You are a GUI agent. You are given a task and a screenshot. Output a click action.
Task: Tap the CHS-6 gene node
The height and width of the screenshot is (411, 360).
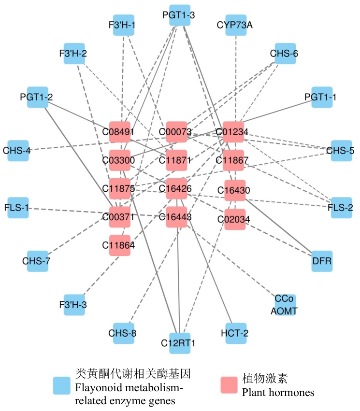click(284, 53)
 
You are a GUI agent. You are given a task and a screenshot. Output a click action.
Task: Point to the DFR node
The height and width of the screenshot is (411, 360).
click(322, 261)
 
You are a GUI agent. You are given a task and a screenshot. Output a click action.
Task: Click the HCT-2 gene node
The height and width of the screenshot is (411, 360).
click(236, 333)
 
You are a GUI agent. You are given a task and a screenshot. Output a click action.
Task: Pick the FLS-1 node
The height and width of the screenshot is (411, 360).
click(19, 208)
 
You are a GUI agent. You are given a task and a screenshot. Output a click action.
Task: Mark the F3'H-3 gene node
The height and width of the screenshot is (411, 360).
click(75, 305)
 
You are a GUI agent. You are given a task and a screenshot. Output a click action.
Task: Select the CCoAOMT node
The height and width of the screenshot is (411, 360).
click(284, 304)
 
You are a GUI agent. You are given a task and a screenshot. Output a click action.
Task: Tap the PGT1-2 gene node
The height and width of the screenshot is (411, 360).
click(37, 97)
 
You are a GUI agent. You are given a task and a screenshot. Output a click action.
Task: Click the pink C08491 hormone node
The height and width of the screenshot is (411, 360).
click(120, 131)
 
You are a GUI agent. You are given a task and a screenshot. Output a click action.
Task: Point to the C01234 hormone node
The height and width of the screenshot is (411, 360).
click(233, 131)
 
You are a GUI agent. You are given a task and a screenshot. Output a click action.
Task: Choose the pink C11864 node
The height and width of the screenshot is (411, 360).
click(119, 245)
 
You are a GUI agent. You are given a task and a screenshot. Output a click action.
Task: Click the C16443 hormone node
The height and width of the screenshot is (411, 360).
click(176, 217)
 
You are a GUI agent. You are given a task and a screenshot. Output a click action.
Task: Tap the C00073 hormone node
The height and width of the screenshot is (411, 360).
click(176, 131)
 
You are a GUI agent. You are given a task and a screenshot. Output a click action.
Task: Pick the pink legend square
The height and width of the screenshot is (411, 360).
click(230, 385)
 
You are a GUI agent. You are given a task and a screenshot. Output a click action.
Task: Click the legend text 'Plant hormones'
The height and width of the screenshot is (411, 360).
click(278, 392)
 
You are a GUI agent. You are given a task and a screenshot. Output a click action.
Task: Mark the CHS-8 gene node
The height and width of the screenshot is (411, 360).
click(123, 333)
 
